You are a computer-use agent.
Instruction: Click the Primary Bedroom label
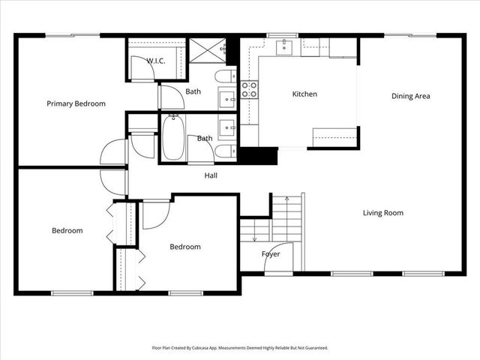pyautogui.click(x=76, y=103)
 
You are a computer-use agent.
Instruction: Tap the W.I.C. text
pyautogui.click(x=156, y=60)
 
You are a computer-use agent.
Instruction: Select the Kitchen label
pyautogui.click(x=304, y=94)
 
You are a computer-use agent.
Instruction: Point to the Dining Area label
pyautogui.click(x=410, y=96)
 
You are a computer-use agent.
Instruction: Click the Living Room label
pyautogui.click(x=383, y=213)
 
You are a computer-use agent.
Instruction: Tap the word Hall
pyautogui.click(x=211, y=176)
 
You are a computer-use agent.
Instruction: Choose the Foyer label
pyautogui.click(x=271, y=254)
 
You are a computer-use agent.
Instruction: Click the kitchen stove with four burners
pyautogui.click(x=249, y=90)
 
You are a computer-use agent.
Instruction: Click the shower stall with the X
pyautogui.click(x=206, y=50)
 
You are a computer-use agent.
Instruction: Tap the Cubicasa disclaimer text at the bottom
pyautogui.click(x=240, y=348)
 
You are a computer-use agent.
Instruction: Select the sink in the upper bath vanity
pyautogui.click(x=226, y=97)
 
